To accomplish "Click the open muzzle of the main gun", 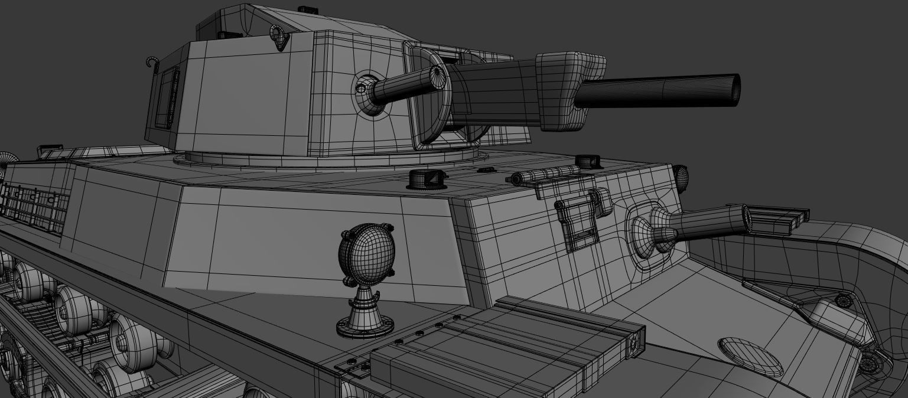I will (x=735, y=90).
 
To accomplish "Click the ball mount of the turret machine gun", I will (x=365, y=90).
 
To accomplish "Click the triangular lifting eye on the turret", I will (x=279, y=37).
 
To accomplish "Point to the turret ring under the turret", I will (x=331, y=159).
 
